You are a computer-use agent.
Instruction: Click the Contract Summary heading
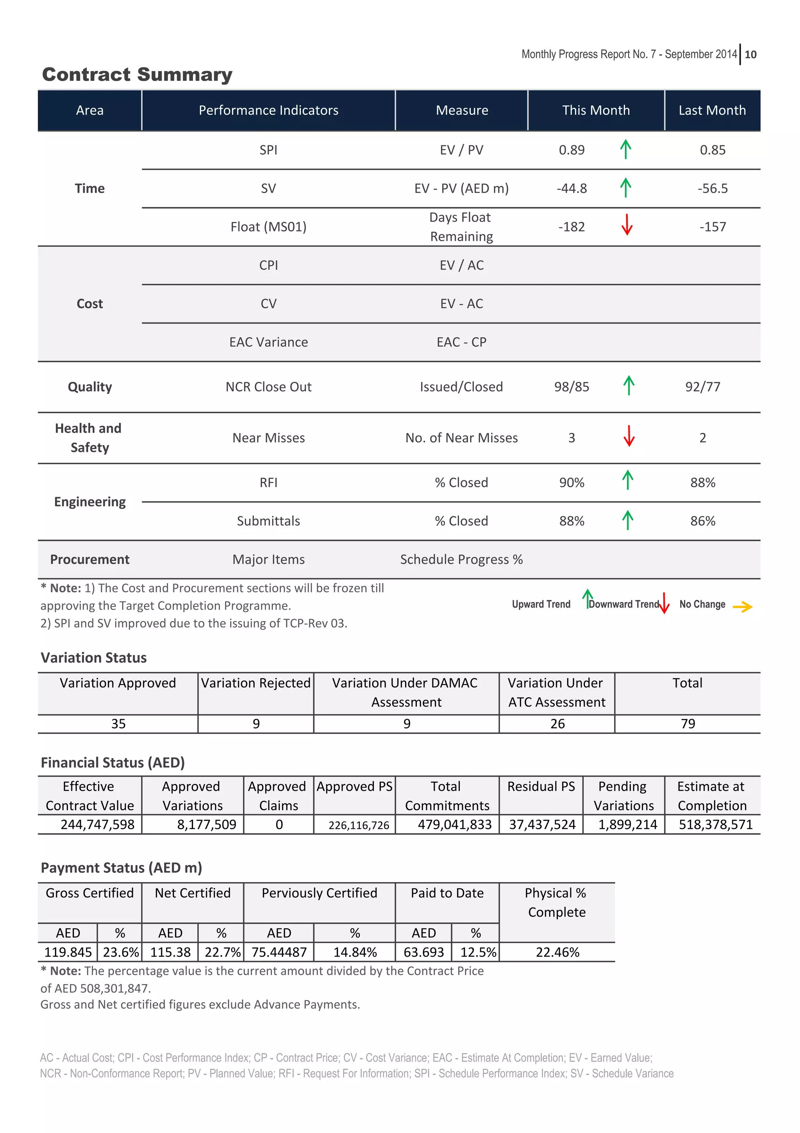tap(137, 75)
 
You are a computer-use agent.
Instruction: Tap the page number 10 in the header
tap(750, 55)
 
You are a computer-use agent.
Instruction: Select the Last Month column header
tap(712, 111)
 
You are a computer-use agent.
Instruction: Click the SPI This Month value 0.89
tap(571, 150)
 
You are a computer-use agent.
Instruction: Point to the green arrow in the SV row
tap(625, 188)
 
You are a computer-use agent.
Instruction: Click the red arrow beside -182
tap(627, 225)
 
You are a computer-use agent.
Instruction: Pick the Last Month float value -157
tap(712, 227)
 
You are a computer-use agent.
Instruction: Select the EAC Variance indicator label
tap(268, 342)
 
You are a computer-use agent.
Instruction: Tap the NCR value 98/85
tap(571, 387)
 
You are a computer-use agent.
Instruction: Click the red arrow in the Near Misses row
tap(629, 436)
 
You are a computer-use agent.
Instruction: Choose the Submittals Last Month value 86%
tap(702, 521)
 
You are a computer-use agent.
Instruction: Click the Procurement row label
tap(90, 560)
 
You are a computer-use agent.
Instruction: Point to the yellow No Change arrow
tap(742, 607)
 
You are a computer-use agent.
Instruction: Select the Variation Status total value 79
tap(687, 724)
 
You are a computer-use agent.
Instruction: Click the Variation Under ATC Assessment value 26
tap(557, 724)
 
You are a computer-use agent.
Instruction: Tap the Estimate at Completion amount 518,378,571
tap(715, 825)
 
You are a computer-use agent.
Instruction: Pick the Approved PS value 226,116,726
tap(359, 825)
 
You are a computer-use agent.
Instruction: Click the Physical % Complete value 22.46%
tap(557, 952)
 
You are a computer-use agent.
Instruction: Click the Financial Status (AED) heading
tap(112, 763)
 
